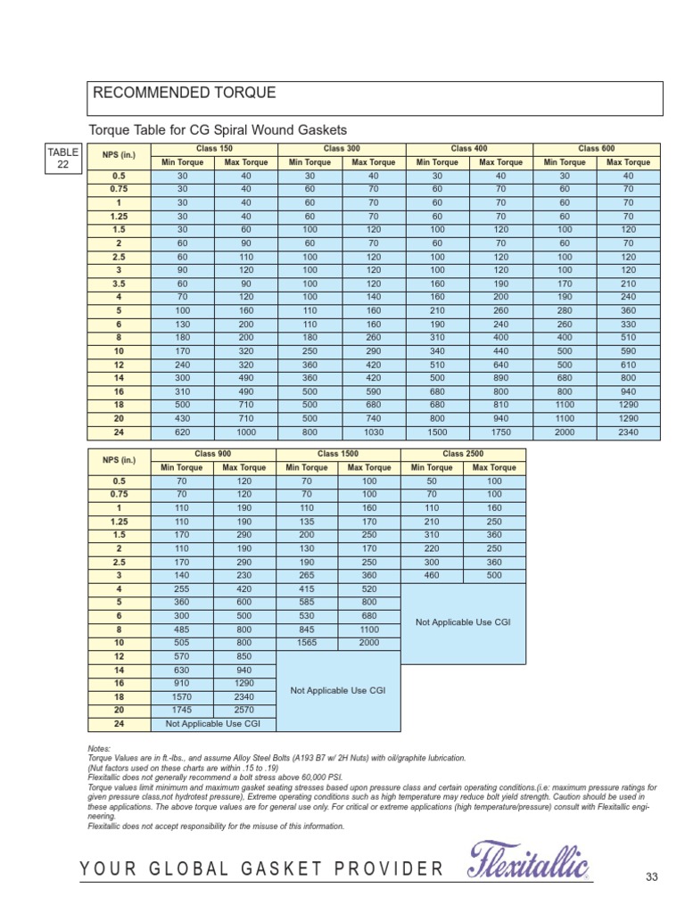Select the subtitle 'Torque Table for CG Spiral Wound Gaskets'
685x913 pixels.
pyautogui.click(x=217, y=129)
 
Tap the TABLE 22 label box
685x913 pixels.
pyautogui.click(x=64, y=157)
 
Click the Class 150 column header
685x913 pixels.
pyautogui.click(x=213, y=148)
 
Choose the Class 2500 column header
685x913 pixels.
pyautogui.click(x=463, y=454)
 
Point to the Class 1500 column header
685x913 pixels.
pyautogui.click(x=338, y=454)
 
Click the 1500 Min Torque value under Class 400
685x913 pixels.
pyautogui.click(x=437, y=432)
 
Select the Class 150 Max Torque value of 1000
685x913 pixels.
pyautogui.click(x=245, y=432)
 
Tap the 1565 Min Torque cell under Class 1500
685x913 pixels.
pyautogui.click(x=307, y=642)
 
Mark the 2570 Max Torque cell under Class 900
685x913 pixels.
pyautogui.click(x=244, y=711)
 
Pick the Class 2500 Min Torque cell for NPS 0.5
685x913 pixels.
pyautogui.click(x=432, y=481)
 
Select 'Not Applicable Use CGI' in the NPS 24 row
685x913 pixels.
pyautogui.click(x=213, y=724)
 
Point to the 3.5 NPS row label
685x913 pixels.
pyautogui.click(x=119, y=284)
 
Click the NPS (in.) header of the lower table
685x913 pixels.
pyautogui.click(x=119, y=460)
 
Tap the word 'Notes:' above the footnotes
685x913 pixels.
pyautogui.click(x=99, y=749)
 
